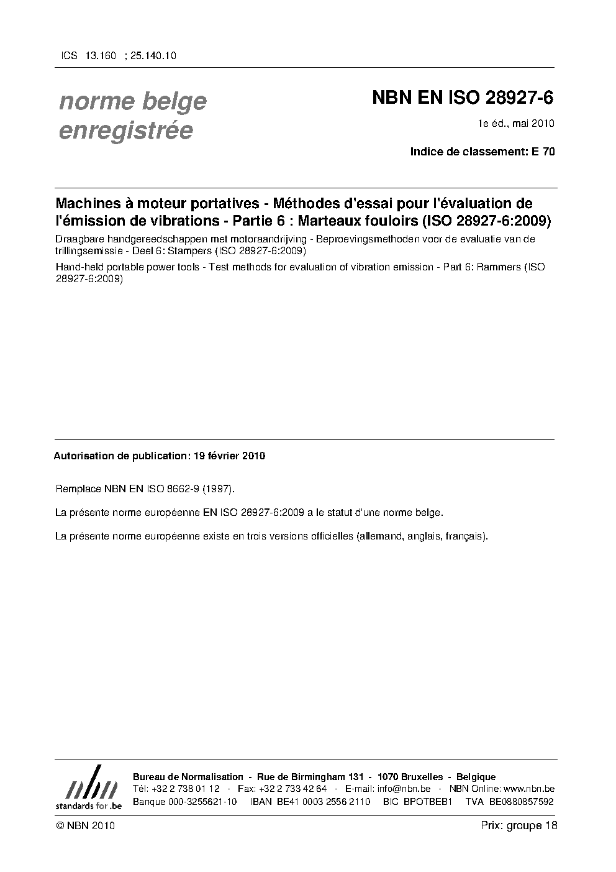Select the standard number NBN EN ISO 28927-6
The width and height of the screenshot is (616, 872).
(462, 98)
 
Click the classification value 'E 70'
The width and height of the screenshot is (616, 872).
(544, 151)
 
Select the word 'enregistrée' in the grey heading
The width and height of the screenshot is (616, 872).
(125, 131)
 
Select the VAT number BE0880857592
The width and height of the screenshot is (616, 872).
(521, 802)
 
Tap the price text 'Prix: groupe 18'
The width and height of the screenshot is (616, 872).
(519, 825)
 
